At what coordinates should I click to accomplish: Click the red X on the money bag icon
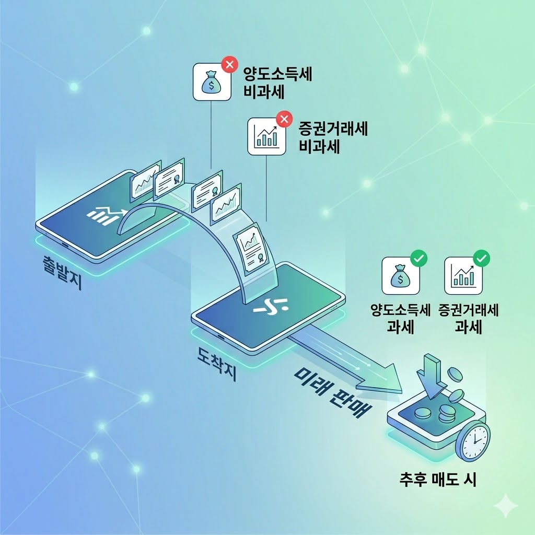point(228,65)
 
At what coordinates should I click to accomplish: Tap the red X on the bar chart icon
point(284,120)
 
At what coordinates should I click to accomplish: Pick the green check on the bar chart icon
point(481,258)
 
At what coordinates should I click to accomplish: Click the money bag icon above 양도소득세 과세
point(400,275)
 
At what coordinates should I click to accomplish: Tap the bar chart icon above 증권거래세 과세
point(463,275)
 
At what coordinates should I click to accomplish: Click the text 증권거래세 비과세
point(333,137)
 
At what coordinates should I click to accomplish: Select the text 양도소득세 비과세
point(277,83)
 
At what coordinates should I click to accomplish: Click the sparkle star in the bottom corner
point(505,506)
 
